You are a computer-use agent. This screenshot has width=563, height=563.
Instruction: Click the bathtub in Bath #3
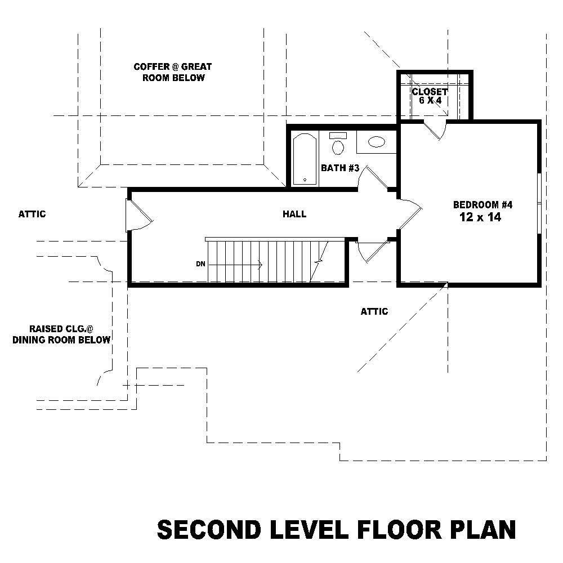[x=305, y=158]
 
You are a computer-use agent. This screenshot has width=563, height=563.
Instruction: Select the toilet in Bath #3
[x=338, y=145]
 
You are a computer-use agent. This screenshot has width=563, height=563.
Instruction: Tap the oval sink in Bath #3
[x=376, y=142]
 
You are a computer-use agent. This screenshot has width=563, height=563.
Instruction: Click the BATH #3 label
[x=339, y=168]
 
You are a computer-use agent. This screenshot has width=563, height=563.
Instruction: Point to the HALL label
[x=294, y=214]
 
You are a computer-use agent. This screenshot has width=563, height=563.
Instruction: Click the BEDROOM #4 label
[x=482, y=204]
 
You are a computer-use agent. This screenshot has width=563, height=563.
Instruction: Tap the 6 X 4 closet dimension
[x=430, y=100]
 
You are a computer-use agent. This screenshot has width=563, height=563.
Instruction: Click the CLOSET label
[x=430, y=91]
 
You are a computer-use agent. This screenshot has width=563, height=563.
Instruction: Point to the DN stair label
[x=200, y=263]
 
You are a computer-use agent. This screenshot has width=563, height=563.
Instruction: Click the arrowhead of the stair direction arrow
[x=260, y=263]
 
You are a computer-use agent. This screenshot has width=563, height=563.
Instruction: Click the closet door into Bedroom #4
[x=435, y=130]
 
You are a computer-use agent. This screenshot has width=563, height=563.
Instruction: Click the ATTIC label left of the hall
[x=32, y=214]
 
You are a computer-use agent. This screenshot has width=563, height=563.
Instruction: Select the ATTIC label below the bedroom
[x=374, y=311]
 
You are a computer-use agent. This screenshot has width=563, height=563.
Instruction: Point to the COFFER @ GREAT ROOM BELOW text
[x=173, y=72]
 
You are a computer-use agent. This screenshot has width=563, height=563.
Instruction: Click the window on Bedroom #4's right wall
[x=539, y=202]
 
